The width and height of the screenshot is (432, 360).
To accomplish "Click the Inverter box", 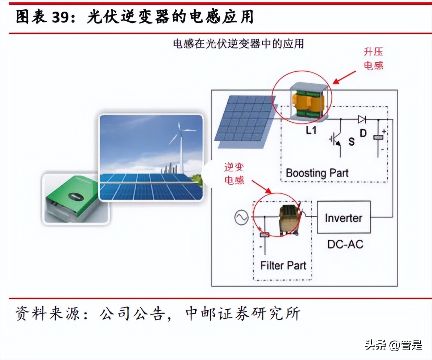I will click(x=344, y=217).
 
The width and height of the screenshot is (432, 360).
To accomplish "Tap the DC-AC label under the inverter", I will click(x=345, y=244).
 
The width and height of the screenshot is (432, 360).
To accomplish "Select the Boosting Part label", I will click(x=317, y=173).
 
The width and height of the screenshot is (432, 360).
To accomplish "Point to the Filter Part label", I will click(x=283, y=265).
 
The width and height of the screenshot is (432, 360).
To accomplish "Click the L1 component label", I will click(x=311, y=131).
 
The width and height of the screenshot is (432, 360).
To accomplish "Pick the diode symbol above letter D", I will click(x=362, y=119).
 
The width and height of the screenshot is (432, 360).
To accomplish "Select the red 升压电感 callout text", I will click(x=373, y=59).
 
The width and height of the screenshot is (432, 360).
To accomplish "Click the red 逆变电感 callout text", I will click(x=234, y=173).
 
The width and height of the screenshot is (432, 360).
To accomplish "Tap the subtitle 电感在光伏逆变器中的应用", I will click(x=238, y=44).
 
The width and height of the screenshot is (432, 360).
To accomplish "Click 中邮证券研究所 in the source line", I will click(x=242, y=314).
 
